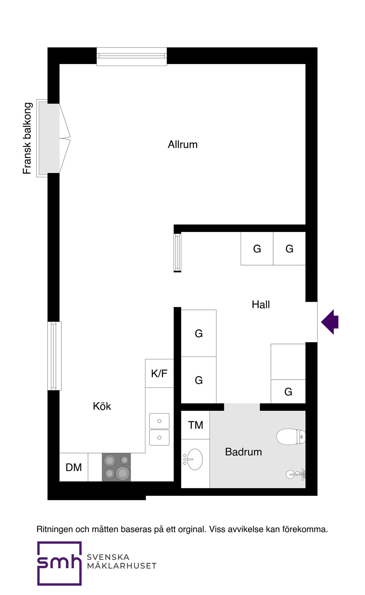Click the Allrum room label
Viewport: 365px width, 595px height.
[182, 145]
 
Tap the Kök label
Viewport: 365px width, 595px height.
[102, 406]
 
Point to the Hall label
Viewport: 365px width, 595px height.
[261, 304]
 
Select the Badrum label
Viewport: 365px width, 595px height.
[243, 452]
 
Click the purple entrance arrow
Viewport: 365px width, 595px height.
[330, 322]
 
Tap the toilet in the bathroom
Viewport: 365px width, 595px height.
[291, 437]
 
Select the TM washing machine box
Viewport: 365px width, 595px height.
[195, 425]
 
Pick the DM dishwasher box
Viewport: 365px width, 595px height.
[74, 467]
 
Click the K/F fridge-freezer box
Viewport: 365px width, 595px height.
[159, 373]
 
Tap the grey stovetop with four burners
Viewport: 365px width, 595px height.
[116, 467]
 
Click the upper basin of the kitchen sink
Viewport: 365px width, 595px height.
[159, 421]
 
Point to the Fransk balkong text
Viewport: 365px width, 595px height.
[27, 138]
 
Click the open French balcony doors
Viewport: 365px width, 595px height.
[65, 138]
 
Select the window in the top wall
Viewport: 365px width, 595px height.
[132, 57]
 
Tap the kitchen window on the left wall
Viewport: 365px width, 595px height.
[54, 356]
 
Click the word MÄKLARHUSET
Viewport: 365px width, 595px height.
[122, 566]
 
